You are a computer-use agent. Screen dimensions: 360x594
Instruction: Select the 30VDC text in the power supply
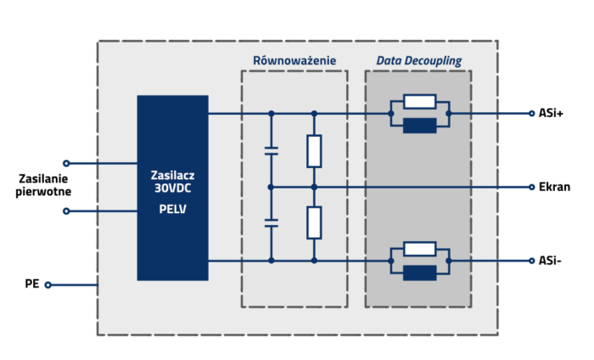click(x=172, y=188)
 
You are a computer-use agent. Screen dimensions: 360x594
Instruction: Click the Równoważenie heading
click(x=294, y=60)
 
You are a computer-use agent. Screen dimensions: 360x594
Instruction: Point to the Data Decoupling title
click(x=417, y=60)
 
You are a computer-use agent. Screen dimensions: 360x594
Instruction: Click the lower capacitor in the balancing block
click(x=272, y=223)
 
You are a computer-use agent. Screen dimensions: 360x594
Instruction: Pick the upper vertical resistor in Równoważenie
click(x=314, y=150)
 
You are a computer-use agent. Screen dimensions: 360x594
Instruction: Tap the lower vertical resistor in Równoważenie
click(x=314, y=222)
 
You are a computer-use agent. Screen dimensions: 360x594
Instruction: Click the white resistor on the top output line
click(x=420, y=102)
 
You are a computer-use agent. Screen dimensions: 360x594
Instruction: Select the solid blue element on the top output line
click(x=420, y=126)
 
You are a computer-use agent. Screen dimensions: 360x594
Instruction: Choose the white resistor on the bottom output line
click(x=420, y=249)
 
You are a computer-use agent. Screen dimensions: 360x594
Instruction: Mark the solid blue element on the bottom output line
click(x=420, y=273)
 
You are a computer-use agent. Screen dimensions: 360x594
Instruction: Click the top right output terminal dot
click(x=531, y=113)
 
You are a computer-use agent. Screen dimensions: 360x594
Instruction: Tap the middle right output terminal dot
click(x=531, y=187)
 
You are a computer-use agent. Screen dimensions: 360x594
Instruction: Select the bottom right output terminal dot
click(x=531, y=261)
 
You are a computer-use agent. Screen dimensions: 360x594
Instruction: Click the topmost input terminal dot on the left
click(x=66, y=163)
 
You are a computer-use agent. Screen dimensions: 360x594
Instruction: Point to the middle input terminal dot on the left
click(x=66, y=211)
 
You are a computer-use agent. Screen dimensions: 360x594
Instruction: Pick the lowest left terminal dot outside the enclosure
click(x=48, y=285)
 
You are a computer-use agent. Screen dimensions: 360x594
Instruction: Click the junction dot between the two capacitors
click(x=272, y=187)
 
